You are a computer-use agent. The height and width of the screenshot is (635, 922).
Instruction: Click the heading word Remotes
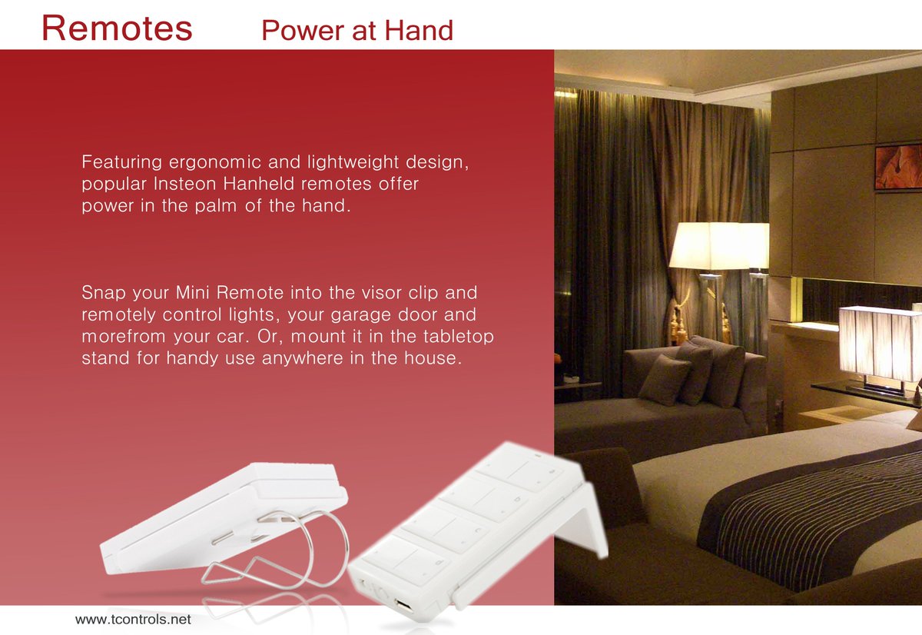point(117,28)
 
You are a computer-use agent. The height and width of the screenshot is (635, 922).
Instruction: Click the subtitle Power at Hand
point(357,31)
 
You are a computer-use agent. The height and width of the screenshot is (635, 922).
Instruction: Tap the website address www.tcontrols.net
point(133,619)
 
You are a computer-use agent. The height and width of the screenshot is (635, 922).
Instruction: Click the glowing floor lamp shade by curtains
point(711,246)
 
